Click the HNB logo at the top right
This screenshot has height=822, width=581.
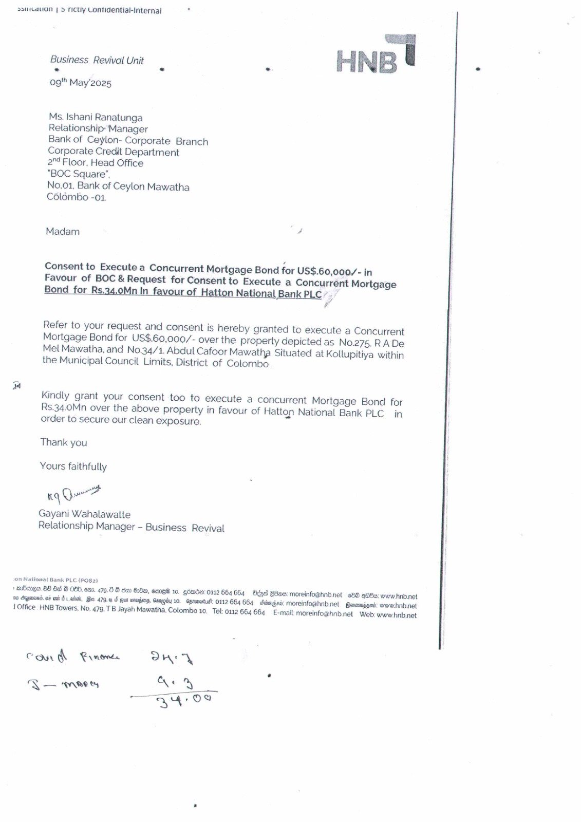pyautogui.click(x=376, y=54)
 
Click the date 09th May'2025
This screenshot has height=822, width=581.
pyautogui.click(x=81, y=83)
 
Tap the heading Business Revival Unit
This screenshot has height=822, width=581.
pyautogui.click(x=97, y=60)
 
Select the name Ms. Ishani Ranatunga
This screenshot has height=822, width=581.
pyautogui.click(x=96, y=117)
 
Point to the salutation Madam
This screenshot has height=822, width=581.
pyautogui.click(x=63, y=232)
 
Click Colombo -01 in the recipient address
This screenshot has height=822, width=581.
pyautogui.click(x=77, y=197)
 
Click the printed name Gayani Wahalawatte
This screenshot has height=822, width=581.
pyautogui.click(x=84, y=514)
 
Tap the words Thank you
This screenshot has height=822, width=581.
pyautogui.click(x=64, y=442)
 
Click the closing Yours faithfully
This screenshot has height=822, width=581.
pyautogui.click(x=73, y=466)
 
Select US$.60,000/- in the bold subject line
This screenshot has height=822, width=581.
pyautogui.click(x=327, y=271)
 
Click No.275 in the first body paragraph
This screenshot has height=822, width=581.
pyautogui.click(x=354, y=343)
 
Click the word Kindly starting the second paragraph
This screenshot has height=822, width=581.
pyautogui.click(x=55, y=396)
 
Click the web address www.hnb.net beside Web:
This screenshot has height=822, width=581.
pyautogui.click(x=396, y=615)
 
